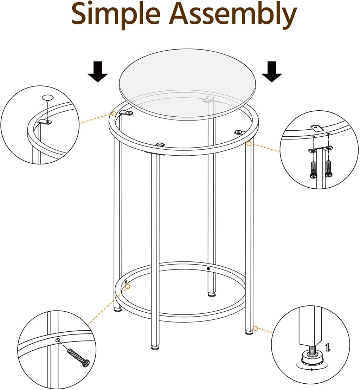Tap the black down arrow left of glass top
point(98,72)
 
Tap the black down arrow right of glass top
point(271,72)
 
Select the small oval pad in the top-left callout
point(47,97)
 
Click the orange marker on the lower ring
point(128,287)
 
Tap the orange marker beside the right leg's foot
point(256,328)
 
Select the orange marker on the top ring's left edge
point(114,114)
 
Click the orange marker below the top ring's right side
point(249,143)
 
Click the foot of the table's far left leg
point(117,310)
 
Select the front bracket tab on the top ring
point(160,144)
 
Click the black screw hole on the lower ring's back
point(208,268)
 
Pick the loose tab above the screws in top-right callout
point(316,128)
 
